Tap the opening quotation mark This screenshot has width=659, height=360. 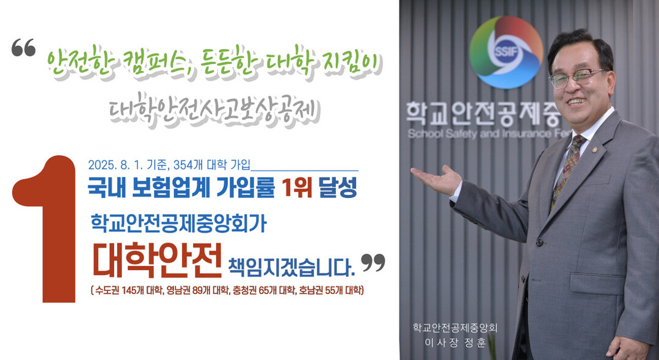tap(24, 47)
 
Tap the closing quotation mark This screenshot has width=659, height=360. tap(373, 262)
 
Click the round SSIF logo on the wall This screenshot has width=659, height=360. tap(506, 52)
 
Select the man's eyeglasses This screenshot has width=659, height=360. tap(578, 78)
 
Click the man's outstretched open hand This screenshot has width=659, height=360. tap(435, 180)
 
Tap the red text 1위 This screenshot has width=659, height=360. tap(297, 187)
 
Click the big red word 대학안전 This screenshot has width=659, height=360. tap(157, 260)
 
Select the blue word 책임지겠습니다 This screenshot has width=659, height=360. tap(291, 266)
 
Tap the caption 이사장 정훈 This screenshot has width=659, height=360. tap(455, 342)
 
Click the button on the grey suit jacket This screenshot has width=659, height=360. tap(539, 243)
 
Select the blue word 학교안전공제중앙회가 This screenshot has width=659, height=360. tap(178, 223)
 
